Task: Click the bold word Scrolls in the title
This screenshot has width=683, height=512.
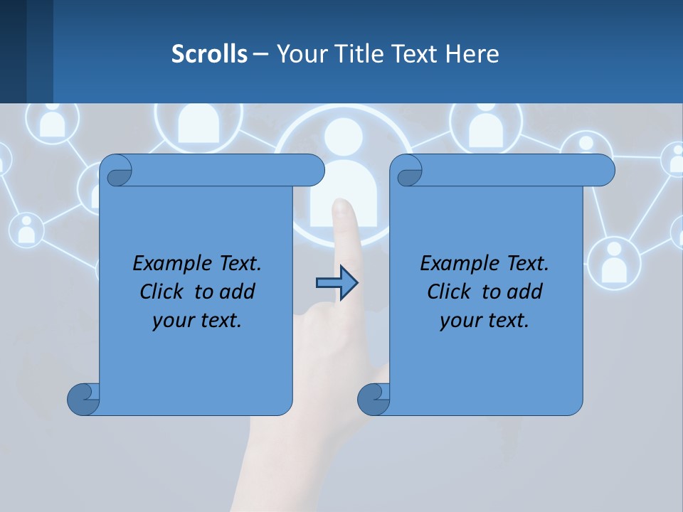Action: [x=209, y=54]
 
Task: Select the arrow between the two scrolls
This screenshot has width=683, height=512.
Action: [x=336, y=283]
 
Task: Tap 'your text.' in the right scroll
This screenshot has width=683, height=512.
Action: [x=485, y=321]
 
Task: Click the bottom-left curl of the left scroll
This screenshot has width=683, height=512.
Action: [x=83, y=399]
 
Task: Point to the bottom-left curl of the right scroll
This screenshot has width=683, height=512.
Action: [x=373, y=399]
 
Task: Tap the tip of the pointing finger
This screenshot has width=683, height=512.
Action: [x=343, y=206]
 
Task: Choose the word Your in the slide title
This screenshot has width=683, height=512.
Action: [x=297, y=54]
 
